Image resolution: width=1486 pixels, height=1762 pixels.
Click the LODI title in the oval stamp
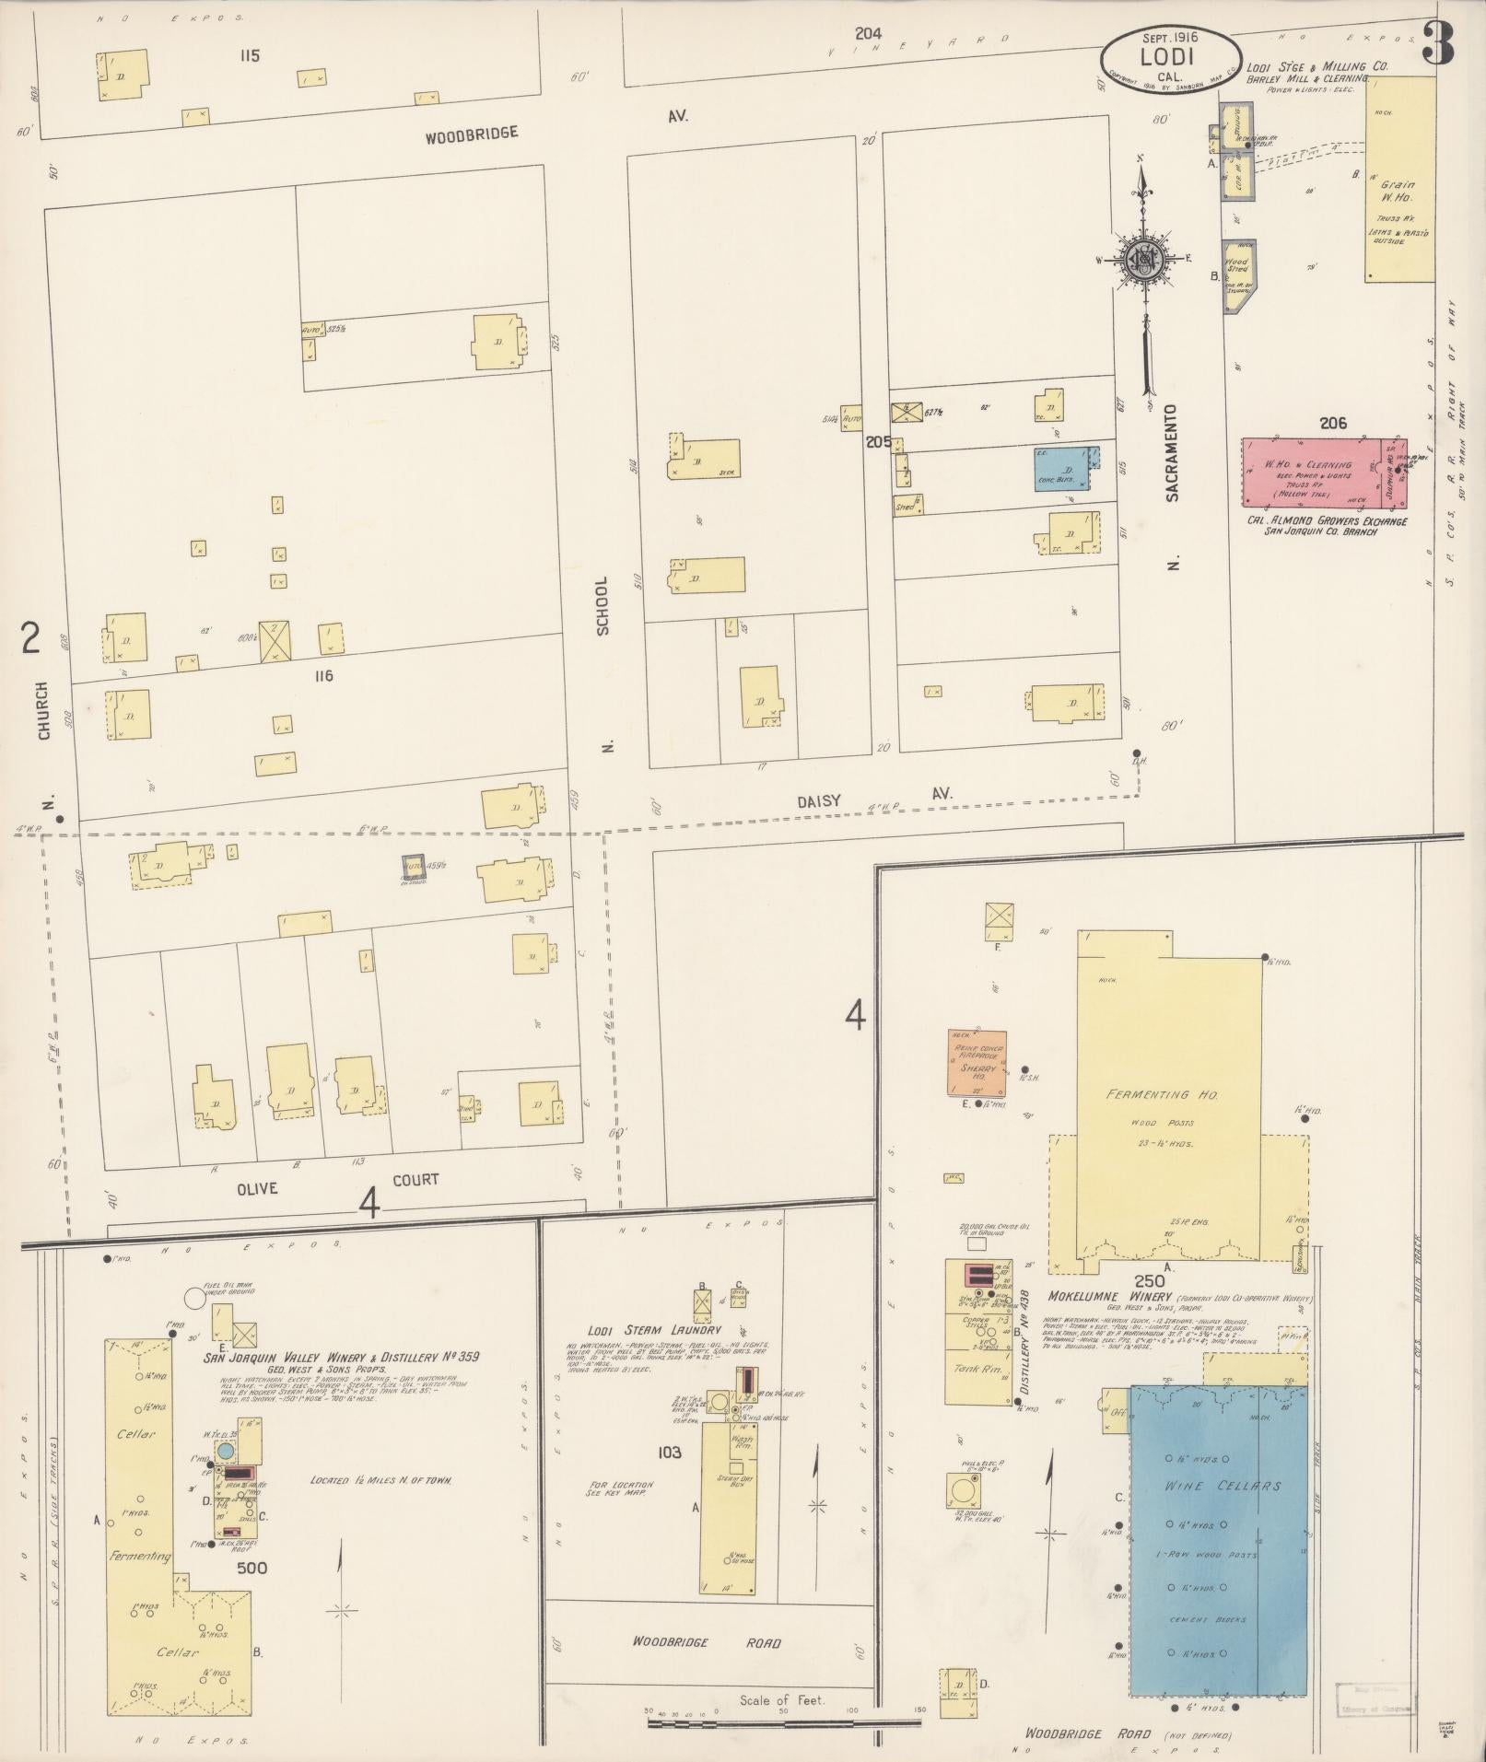coord(1167,55)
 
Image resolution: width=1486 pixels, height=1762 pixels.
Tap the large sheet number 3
coord(1437,43)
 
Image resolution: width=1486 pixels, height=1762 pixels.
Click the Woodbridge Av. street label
coord(471,134)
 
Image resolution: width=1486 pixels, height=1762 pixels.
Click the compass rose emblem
coord(1144,257)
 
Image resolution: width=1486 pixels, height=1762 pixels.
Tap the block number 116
coord(322,676)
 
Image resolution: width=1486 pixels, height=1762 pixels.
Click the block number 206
coord(1332,424)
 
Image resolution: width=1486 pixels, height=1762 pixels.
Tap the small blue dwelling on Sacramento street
coord(1062,468)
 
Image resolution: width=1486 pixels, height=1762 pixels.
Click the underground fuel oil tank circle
coord(194,1298)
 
